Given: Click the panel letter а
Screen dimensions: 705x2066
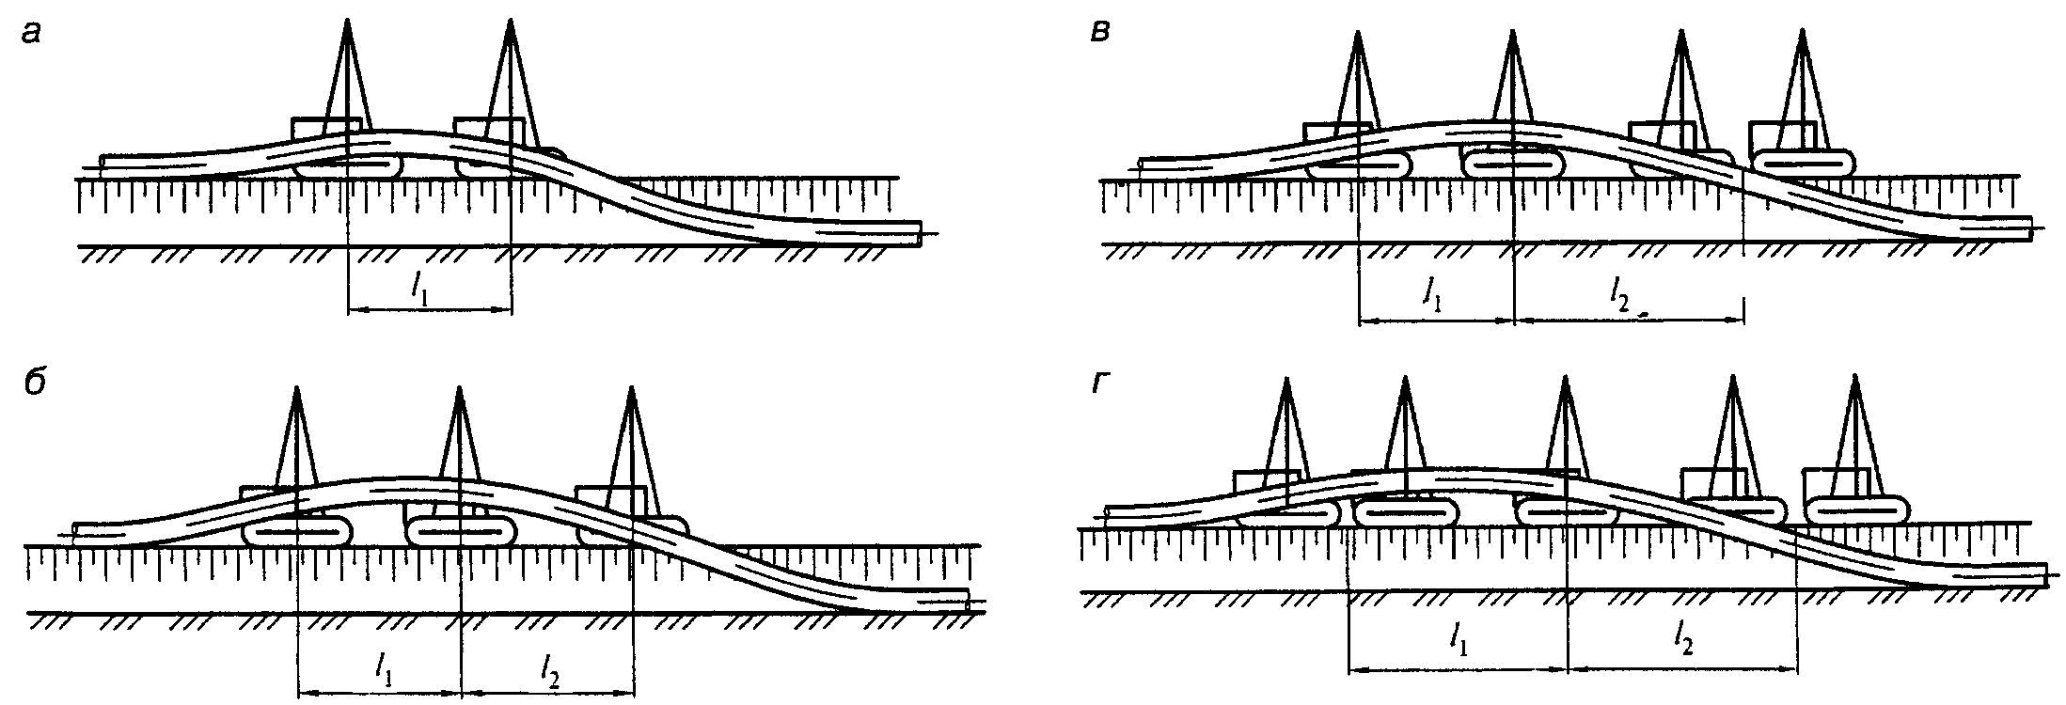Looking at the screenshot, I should [x=32, y=35].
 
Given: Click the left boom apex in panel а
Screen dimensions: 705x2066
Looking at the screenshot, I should [x=347, y=21].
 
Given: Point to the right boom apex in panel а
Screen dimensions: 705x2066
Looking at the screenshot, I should [x=511, y=21].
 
